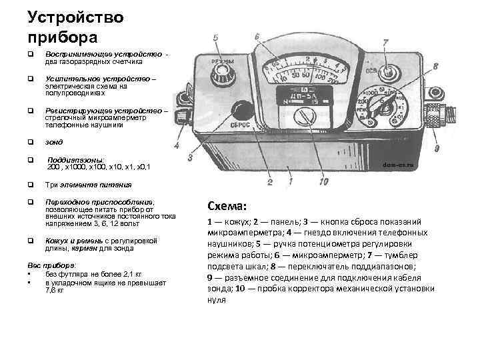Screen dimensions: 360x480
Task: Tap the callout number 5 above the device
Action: [216, 37]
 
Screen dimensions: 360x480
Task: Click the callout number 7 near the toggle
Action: [385, 43]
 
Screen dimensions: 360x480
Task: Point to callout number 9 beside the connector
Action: [435, 147]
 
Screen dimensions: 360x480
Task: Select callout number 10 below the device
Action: [324, 181]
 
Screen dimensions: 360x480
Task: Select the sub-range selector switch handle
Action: [380, 105]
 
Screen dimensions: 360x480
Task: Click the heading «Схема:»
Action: [227, 205]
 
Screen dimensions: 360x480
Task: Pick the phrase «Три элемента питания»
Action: [88, 185]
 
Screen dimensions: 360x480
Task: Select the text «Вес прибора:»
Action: [53, 264]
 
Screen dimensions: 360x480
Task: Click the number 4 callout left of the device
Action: [177, 144]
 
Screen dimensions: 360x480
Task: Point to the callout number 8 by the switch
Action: [434, 66]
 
